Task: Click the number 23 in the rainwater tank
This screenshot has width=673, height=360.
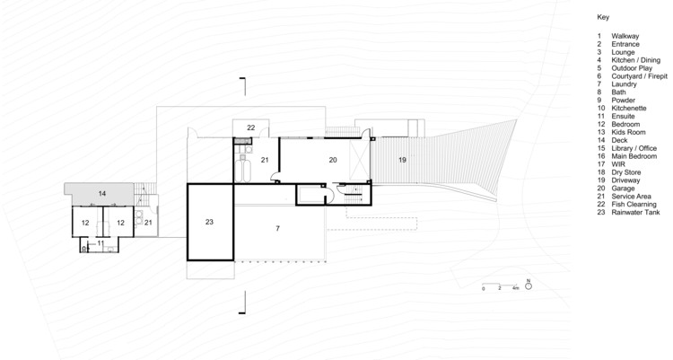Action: point(209,220)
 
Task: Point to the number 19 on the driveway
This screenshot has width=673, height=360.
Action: point(403,159)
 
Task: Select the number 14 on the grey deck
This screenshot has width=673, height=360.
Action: point(102,193)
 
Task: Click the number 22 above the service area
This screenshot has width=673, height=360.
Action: point(251,128)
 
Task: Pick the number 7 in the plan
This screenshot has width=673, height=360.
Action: point(278,229)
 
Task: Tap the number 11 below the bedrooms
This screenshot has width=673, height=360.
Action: point(101,243)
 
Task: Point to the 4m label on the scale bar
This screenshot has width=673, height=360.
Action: point(515,289)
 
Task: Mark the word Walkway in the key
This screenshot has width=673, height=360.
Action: point(625,35)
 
